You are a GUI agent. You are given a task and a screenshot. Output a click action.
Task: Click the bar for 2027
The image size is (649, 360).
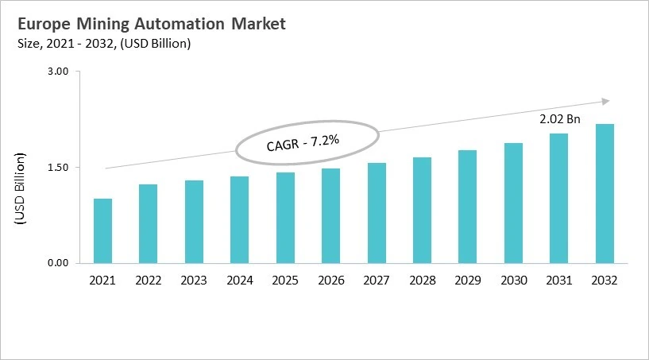pos(377,213)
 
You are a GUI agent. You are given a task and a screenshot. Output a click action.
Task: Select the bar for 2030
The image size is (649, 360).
pos(513,203)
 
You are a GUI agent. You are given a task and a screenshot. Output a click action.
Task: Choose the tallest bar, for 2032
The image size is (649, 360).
pos(605,193)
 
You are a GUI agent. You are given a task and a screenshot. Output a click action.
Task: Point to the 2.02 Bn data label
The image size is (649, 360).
pos(559,119)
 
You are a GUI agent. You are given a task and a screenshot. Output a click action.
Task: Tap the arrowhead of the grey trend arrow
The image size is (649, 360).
pos(605,101)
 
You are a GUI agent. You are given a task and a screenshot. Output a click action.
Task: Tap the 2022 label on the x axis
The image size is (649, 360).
pos(148,281)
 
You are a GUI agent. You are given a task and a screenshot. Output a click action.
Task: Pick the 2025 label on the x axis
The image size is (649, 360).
pos(285,281)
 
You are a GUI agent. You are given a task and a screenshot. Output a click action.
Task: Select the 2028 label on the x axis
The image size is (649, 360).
pos(422,281)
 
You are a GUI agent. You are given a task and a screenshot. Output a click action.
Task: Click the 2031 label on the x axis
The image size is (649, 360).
pos(559,281)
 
